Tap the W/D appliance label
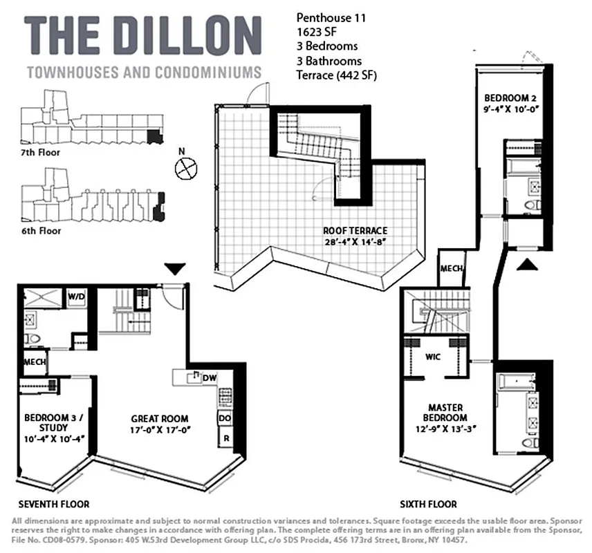pyautogui.click(x=75, y=297)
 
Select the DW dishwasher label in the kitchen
pyautogui.click(x=210, y=377)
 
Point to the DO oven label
pyautogui.click(x=225, y=418)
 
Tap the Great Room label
pyautogui.click(x=160, y=424)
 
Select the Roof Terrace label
pyautogui.click(x=355, y=235)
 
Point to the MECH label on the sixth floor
pyautogui.click(x=452, y=270)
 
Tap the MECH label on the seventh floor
pyautogui.click(x=35, y=362)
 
